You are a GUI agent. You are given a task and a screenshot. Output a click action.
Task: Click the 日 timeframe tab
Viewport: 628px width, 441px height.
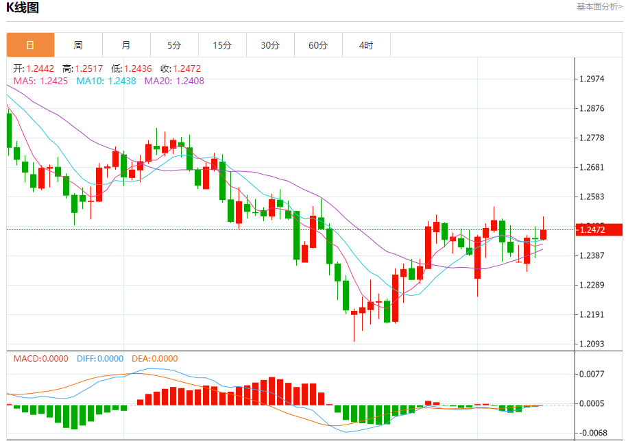[30, 45]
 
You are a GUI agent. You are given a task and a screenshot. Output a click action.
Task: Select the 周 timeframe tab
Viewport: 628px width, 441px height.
[78, 45]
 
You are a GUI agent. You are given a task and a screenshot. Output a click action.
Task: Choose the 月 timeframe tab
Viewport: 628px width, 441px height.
[126, 45]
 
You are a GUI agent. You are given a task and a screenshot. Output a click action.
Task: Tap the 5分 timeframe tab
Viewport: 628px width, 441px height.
[174, 45]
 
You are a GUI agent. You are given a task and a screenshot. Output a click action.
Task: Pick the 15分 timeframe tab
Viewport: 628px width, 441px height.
[222, 45]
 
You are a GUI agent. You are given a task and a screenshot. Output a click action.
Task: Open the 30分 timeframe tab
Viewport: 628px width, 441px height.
[270, 45]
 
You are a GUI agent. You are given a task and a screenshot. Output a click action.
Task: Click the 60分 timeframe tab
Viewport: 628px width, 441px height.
[318, 45]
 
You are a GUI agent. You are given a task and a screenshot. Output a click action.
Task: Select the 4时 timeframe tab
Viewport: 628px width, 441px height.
[366, 45]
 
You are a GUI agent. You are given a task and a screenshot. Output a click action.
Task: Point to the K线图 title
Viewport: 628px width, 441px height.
[23, 8]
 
